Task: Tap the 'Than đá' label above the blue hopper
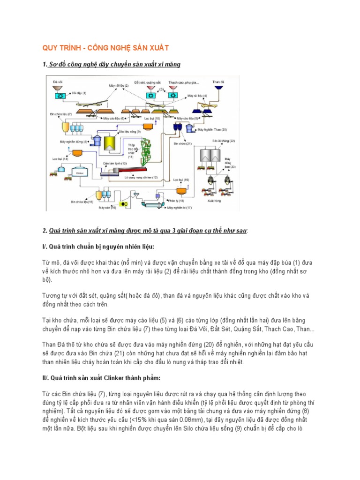coord(218,82)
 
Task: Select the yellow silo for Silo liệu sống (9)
coord(110,143)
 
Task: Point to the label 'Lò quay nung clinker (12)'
coord(142,177)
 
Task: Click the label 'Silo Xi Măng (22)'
coord(223,141)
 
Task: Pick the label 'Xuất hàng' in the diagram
coord(214,200)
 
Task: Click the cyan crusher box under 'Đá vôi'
coord(60,95)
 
